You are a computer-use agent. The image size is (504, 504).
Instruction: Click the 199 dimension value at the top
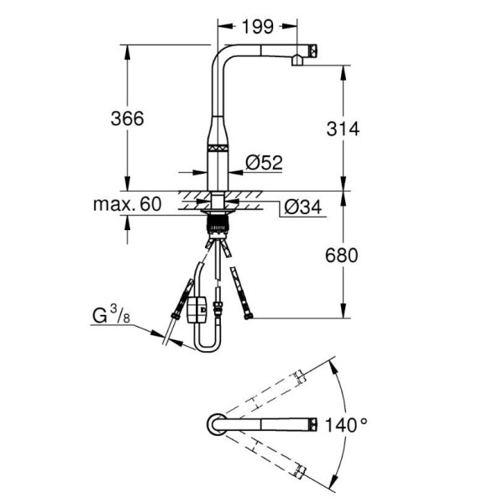click(x=258, y=26)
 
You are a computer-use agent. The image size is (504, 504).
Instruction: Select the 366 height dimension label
click(x=128, y=118)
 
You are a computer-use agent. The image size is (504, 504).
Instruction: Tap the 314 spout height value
click(x=343, y=129)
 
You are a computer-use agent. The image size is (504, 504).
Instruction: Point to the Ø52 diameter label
click(x=264, y=162)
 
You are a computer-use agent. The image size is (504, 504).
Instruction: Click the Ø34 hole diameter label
click(x=303, y=207)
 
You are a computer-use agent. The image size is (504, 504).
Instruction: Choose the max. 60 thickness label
click(x=127, y=204)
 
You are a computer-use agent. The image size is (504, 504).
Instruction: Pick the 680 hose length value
click(x=341, y=255)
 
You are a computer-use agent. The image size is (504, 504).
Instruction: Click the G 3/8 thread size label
click(x=111, y=314)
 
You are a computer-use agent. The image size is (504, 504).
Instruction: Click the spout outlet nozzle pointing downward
click(x=297, y=60)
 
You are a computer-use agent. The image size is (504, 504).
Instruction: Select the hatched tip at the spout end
click(x=313, y=50)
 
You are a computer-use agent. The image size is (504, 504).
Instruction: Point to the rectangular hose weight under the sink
click(x=197, y=309)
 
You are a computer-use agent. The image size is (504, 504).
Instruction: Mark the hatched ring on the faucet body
click(x=218, y=149)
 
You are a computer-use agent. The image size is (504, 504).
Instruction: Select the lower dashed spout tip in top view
click(x=299, y=471)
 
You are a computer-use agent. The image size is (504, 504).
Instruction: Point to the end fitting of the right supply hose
click(x=248, y=317)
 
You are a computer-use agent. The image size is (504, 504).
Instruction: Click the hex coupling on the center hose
click(x=218, y=307)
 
